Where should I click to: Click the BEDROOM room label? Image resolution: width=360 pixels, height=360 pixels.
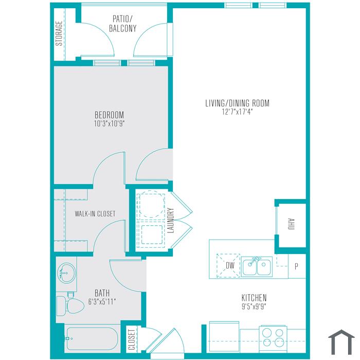coord(109,115)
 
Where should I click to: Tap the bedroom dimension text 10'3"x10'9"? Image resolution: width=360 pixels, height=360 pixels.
coord(109,124)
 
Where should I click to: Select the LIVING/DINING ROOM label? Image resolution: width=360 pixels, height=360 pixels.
coord(238,103)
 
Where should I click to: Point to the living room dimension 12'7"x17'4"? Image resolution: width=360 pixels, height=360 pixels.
coord(238,112)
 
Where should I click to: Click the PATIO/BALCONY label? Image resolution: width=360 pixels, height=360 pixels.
coord(122,24)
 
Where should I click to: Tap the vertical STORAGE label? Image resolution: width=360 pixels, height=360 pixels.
coord(59,33)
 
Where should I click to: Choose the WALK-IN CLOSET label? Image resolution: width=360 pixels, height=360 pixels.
coord(95,214)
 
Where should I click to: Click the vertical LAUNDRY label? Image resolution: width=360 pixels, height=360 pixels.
coord(171,221)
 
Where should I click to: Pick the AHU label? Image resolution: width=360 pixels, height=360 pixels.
coord(291,224)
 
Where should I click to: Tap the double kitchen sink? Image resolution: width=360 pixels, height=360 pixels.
coord(257,266)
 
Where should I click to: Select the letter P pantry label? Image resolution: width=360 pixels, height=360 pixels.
coord(296,266)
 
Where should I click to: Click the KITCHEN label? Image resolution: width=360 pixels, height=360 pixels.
coord(254,298)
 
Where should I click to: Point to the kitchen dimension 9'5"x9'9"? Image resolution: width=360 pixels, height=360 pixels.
coord(254,307)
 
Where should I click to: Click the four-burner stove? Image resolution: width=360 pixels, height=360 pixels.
coord(273,338)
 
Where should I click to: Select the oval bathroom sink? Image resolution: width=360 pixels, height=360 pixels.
coord(66,273)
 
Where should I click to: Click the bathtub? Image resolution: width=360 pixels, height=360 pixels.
coord(92,338)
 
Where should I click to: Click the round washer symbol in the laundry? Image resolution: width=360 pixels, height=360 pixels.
coord(151,204)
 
